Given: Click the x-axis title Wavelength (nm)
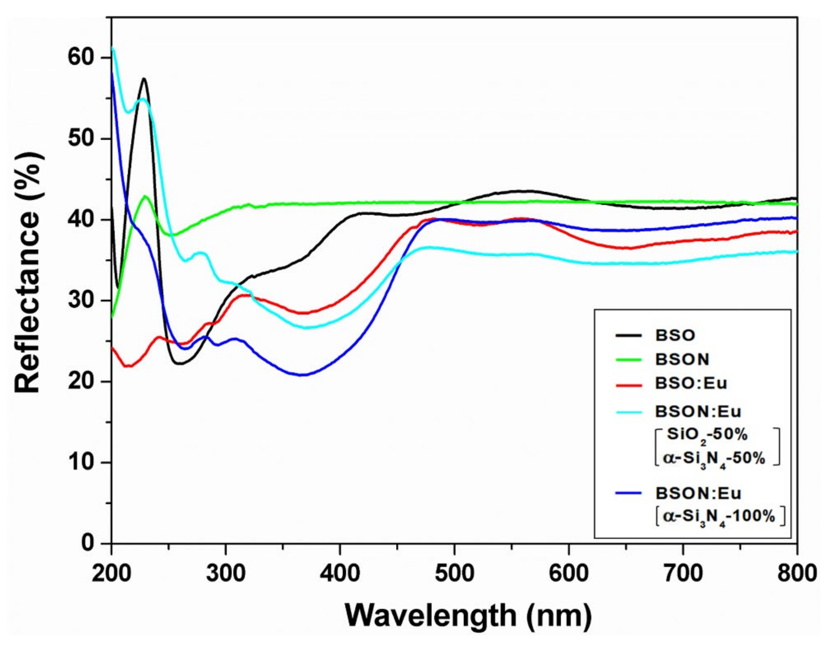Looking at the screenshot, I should [469, 615].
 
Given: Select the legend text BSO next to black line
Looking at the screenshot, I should [675, 335].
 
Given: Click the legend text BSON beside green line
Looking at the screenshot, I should [682, 359].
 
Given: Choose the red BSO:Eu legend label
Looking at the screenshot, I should [691, 384].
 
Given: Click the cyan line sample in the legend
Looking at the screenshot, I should [628, 412].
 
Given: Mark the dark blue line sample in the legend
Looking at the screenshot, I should [628, 493].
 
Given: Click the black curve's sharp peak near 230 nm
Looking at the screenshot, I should [144, 79].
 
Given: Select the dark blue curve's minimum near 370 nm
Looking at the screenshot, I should [302, 375].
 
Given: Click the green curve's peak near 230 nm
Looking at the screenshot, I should [145, 196].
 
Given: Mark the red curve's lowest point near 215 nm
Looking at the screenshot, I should [127, 366].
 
